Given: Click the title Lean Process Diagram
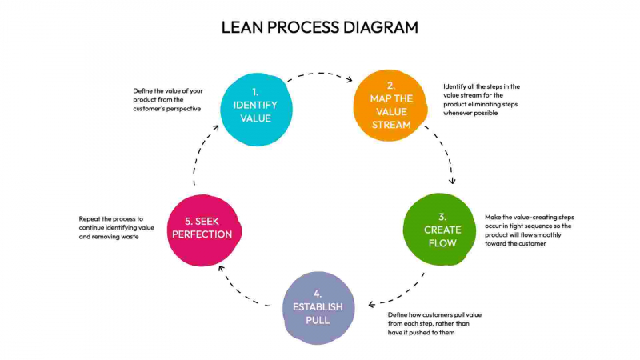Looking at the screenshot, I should (x=320, y=26).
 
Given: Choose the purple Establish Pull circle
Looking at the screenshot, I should (x=318, y=307).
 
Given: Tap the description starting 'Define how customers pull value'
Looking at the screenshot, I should (x=434, y=323).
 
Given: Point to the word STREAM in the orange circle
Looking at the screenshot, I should (x=390, y=124).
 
